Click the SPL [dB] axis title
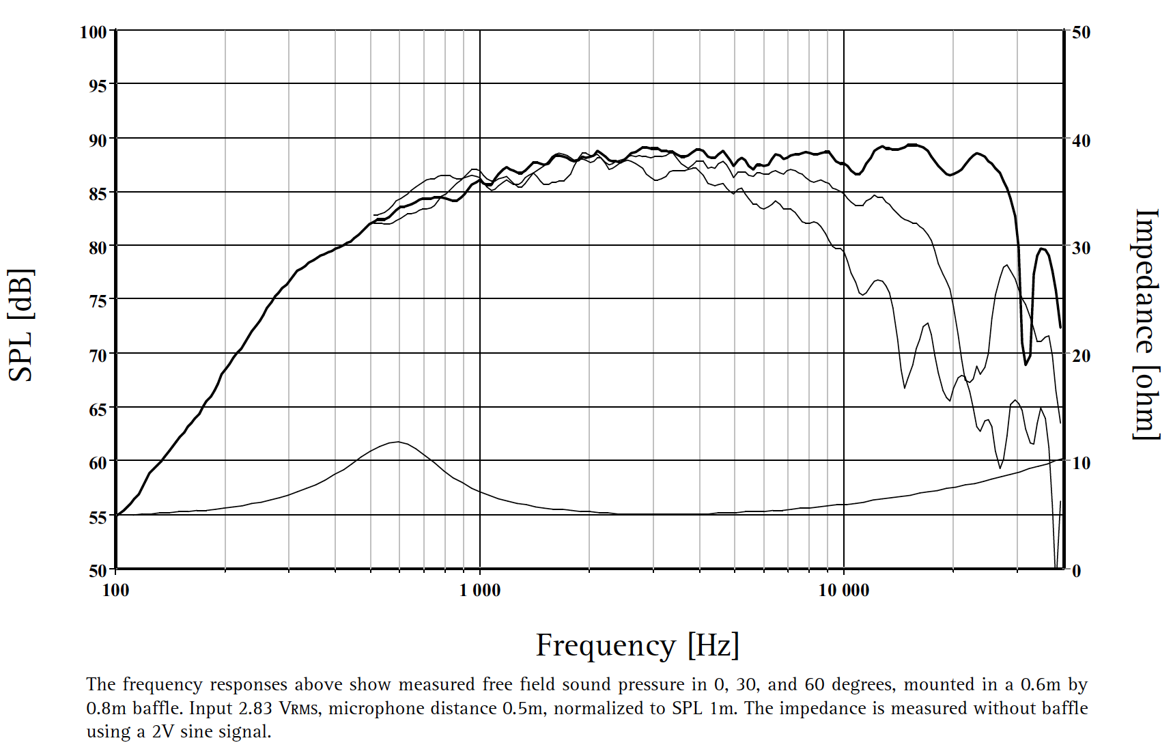point(20,325)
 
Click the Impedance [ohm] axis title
point(1147,324)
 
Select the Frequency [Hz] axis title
point(637,645)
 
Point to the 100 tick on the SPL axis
point(94,32)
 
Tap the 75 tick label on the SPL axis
point(98,301)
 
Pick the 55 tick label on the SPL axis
point(98,517)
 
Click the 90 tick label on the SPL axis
point(98,140)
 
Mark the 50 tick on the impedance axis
point(1081,32)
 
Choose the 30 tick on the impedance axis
point(1081,248)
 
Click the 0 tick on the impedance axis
point(1077,570)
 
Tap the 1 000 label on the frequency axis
point(480,591)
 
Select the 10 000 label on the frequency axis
point(844,591)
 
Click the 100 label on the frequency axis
point(115,591)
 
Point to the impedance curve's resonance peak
point(397,442)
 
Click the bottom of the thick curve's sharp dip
point(1026,364)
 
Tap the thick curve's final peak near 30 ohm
point(1043,249)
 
